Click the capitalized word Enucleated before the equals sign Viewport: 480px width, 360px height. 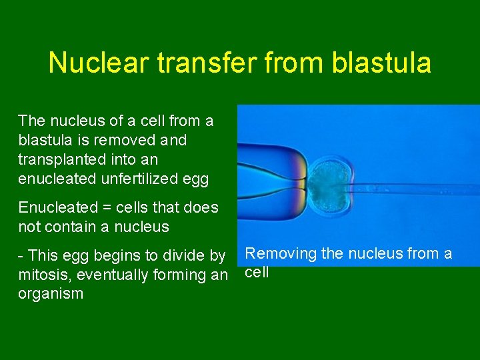tap(55, 207)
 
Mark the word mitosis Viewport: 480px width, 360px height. tap(42, 275)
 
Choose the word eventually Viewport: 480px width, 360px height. tap(113, 275)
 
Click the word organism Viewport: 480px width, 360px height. tap(51, 294)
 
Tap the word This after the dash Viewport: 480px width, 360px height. tap(44, 255)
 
